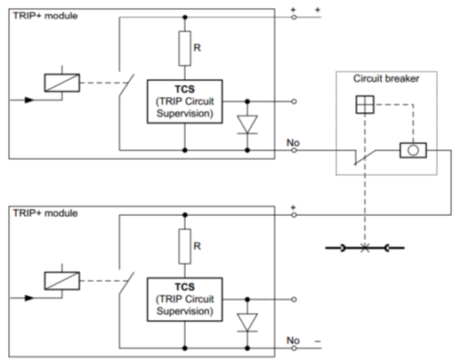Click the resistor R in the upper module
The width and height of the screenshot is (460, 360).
pyautogui.click(x=184, y=48)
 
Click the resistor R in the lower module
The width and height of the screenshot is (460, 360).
pyautogui.click(x=184, y=246)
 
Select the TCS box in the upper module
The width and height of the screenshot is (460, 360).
pyautogui.click(x=185, y=101)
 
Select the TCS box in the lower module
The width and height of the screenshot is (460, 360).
pyautogui.click(x=185, y=300)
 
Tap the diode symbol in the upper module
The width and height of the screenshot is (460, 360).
pyautogui.click(x=247, y=124)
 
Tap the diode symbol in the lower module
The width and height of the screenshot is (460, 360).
pyautogui.click(x=247, y=323)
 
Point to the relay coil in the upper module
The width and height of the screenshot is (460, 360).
pyautogui.click(x=62, y=83)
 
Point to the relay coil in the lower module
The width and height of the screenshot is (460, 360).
pyautogui.click(x=62, y=281)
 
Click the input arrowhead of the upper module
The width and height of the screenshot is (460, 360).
pyautogui.click(x=29, y=100)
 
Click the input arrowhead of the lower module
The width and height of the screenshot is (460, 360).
pyautogui.click(x=29, y=298)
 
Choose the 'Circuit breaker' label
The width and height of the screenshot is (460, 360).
pyautogui.click(x=386, y=78)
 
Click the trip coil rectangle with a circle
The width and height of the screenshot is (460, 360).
pyautogui.click(x=413, y=150)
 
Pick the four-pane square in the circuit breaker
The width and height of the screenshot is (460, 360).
pyautogui.click(x=365, y=104)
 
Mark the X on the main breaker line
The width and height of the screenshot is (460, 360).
pyautogui.click(x=365, y=248)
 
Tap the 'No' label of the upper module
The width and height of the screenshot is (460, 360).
pyautogui.click(x=293, y=143)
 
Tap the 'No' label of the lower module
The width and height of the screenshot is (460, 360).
pyautogui.click(x=293, y=340)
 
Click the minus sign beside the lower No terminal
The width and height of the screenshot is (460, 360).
pyautogui.click(x=318, y=341)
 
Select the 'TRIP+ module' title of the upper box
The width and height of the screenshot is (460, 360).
pyautogui.click(x=45, y=16)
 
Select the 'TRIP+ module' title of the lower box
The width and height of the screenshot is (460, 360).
pyautogui.click(x=45, y=213)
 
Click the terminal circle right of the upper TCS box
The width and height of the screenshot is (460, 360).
pyautogui.click(x=294, y=101)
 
